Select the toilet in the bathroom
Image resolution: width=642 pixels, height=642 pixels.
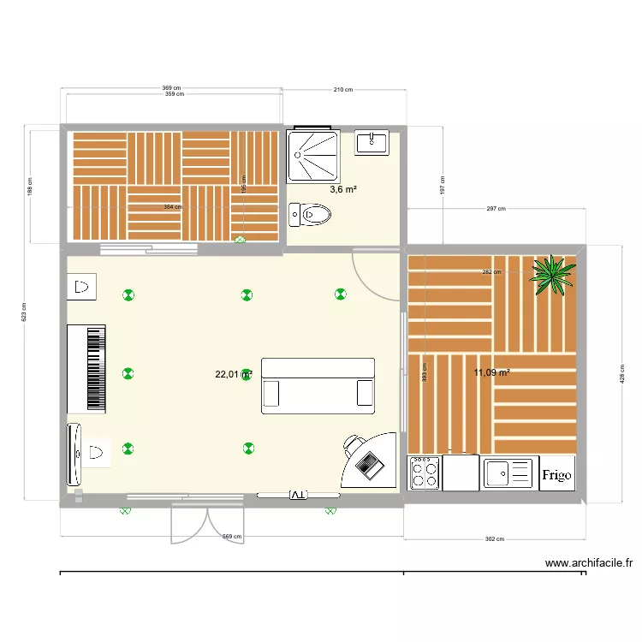pos(310,213)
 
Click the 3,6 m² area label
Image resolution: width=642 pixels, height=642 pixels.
pos(343,190)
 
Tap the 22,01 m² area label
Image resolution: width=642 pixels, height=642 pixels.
pos(233,374)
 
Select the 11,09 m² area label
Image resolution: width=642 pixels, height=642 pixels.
pos(491,372)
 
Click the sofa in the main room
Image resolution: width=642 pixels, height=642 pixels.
pos(318,387)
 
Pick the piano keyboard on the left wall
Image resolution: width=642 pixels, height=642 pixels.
pos(86,369)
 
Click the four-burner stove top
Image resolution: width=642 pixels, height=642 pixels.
pos(425,473)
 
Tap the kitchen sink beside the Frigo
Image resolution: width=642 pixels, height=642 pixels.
pos(508,473)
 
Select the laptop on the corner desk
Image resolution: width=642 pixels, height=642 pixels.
pos(370,465)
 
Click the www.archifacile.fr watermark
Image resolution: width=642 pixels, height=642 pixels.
pos(588,563)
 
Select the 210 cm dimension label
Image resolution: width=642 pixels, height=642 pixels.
pos(344,89)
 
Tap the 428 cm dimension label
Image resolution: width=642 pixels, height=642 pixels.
pos(622,373)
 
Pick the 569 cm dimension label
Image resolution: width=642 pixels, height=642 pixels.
pos(231,537)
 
